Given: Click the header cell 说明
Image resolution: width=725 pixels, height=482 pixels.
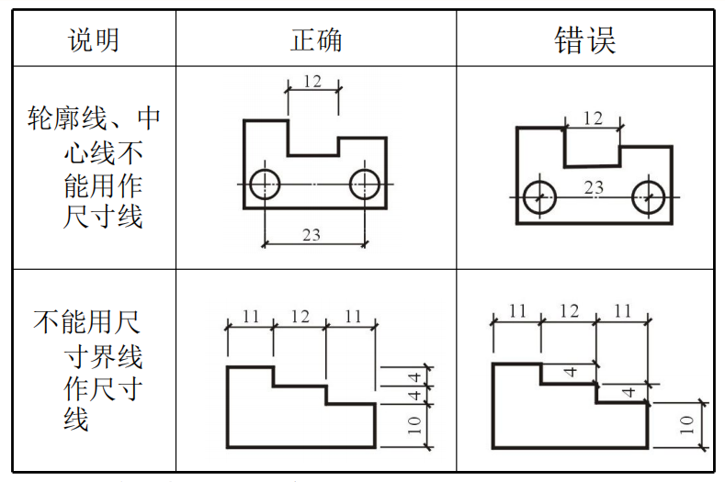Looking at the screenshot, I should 94,39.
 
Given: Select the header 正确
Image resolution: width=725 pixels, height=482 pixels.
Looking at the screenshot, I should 316,39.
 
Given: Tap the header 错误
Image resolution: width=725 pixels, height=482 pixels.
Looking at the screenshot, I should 584,39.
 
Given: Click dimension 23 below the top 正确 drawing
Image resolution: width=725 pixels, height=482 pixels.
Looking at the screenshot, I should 311,234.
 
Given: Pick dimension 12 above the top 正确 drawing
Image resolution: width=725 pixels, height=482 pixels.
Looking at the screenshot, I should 312,81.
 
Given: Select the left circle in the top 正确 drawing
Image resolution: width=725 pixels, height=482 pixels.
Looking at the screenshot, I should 265,184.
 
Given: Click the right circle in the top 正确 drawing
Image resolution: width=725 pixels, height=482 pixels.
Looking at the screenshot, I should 365,184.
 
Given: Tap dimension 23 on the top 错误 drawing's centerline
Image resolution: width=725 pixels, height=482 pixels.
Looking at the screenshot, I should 594,188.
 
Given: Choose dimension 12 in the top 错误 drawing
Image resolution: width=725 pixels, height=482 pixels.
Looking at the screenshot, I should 594,118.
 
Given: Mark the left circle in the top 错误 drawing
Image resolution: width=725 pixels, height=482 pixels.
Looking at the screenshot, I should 538,196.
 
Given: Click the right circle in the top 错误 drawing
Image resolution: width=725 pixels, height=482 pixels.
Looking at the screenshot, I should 649,196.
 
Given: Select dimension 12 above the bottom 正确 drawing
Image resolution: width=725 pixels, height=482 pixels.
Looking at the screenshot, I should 300,317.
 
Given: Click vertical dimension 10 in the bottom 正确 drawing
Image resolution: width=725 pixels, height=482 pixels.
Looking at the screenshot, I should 414,425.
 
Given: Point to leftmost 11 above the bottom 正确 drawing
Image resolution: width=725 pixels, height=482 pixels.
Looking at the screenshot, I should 250,317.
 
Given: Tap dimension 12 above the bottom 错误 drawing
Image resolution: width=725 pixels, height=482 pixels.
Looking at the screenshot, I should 570,311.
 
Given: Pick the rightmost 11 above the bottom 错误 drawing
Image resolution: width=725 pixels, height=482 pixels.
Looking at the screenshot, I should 623,311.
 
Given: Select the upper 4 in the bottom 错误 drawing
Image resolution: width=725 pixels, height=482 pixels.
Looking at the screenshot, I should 570,373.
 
